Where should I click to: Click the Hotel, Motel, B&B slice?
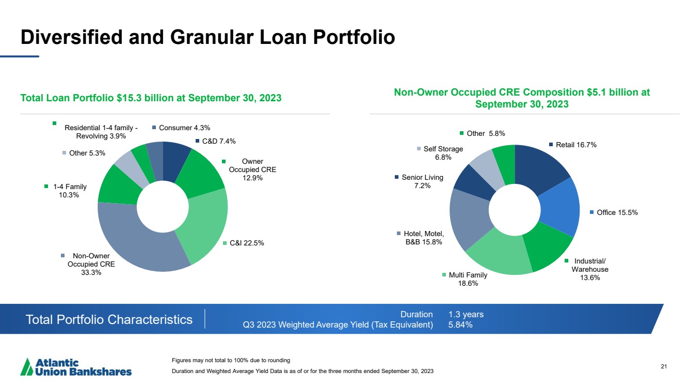coord(469,218)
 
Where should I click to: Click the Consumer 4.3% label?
coord(184,128)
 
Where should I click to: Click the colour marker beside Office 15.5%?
coord(591,212)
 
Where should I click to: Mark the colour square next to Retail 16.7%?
coord(551,145)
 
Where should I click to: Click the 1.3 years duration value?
coord(466,314)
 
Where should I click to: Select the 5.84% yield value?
coord(460,324)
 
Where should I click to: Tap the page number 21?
coord(664,366)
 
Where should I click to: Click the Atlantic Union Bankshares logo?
coord(76,367)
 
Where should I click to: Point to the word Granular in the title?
coord(212,37)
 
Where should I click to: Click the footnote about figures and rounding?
coord(231,360)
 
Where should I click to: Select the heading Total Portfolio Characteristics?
coord(109,319)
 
